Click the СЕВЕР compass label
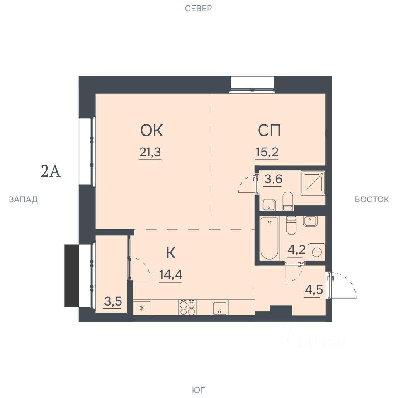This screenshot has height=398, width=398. point(198,8)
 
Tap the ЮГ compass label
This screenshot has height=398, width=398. point(199,390)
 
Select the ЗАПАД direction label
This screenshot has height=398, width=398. point(23,199)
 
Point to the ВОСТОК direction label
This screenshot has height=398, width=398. point(371,199)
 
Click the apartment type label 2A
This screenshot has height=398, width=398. point(51,171)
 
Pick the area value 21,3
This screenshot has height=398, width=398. point(150,152)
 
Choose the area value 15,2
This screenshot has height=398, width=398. point(267,152)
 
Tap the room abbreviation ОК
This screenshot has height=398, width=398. point(151,131)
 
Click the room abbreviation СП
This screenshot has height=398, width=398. point(269,131)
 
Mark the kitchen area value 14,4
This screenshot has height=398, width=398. point(170,274)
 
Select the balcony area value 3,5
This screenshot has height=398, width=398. point(113,301)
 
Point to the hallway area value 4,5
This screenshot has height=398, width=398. point(314,290)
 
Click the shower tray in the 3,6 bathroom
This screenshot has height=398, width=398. point(313,183)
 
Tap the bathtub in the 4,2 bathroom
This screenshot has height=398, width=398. point(269,238)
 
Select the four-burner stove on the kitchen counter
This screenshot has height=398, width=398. point(187,308)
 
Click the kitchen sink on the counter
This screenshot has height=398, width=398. point(219,308)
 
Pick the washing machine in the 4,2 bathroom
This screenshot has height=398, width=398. point(317,252)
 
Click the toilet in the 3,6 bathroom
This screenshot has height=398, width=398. point(288,201)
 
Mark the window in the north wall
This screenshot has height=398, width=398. point(252,85)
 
